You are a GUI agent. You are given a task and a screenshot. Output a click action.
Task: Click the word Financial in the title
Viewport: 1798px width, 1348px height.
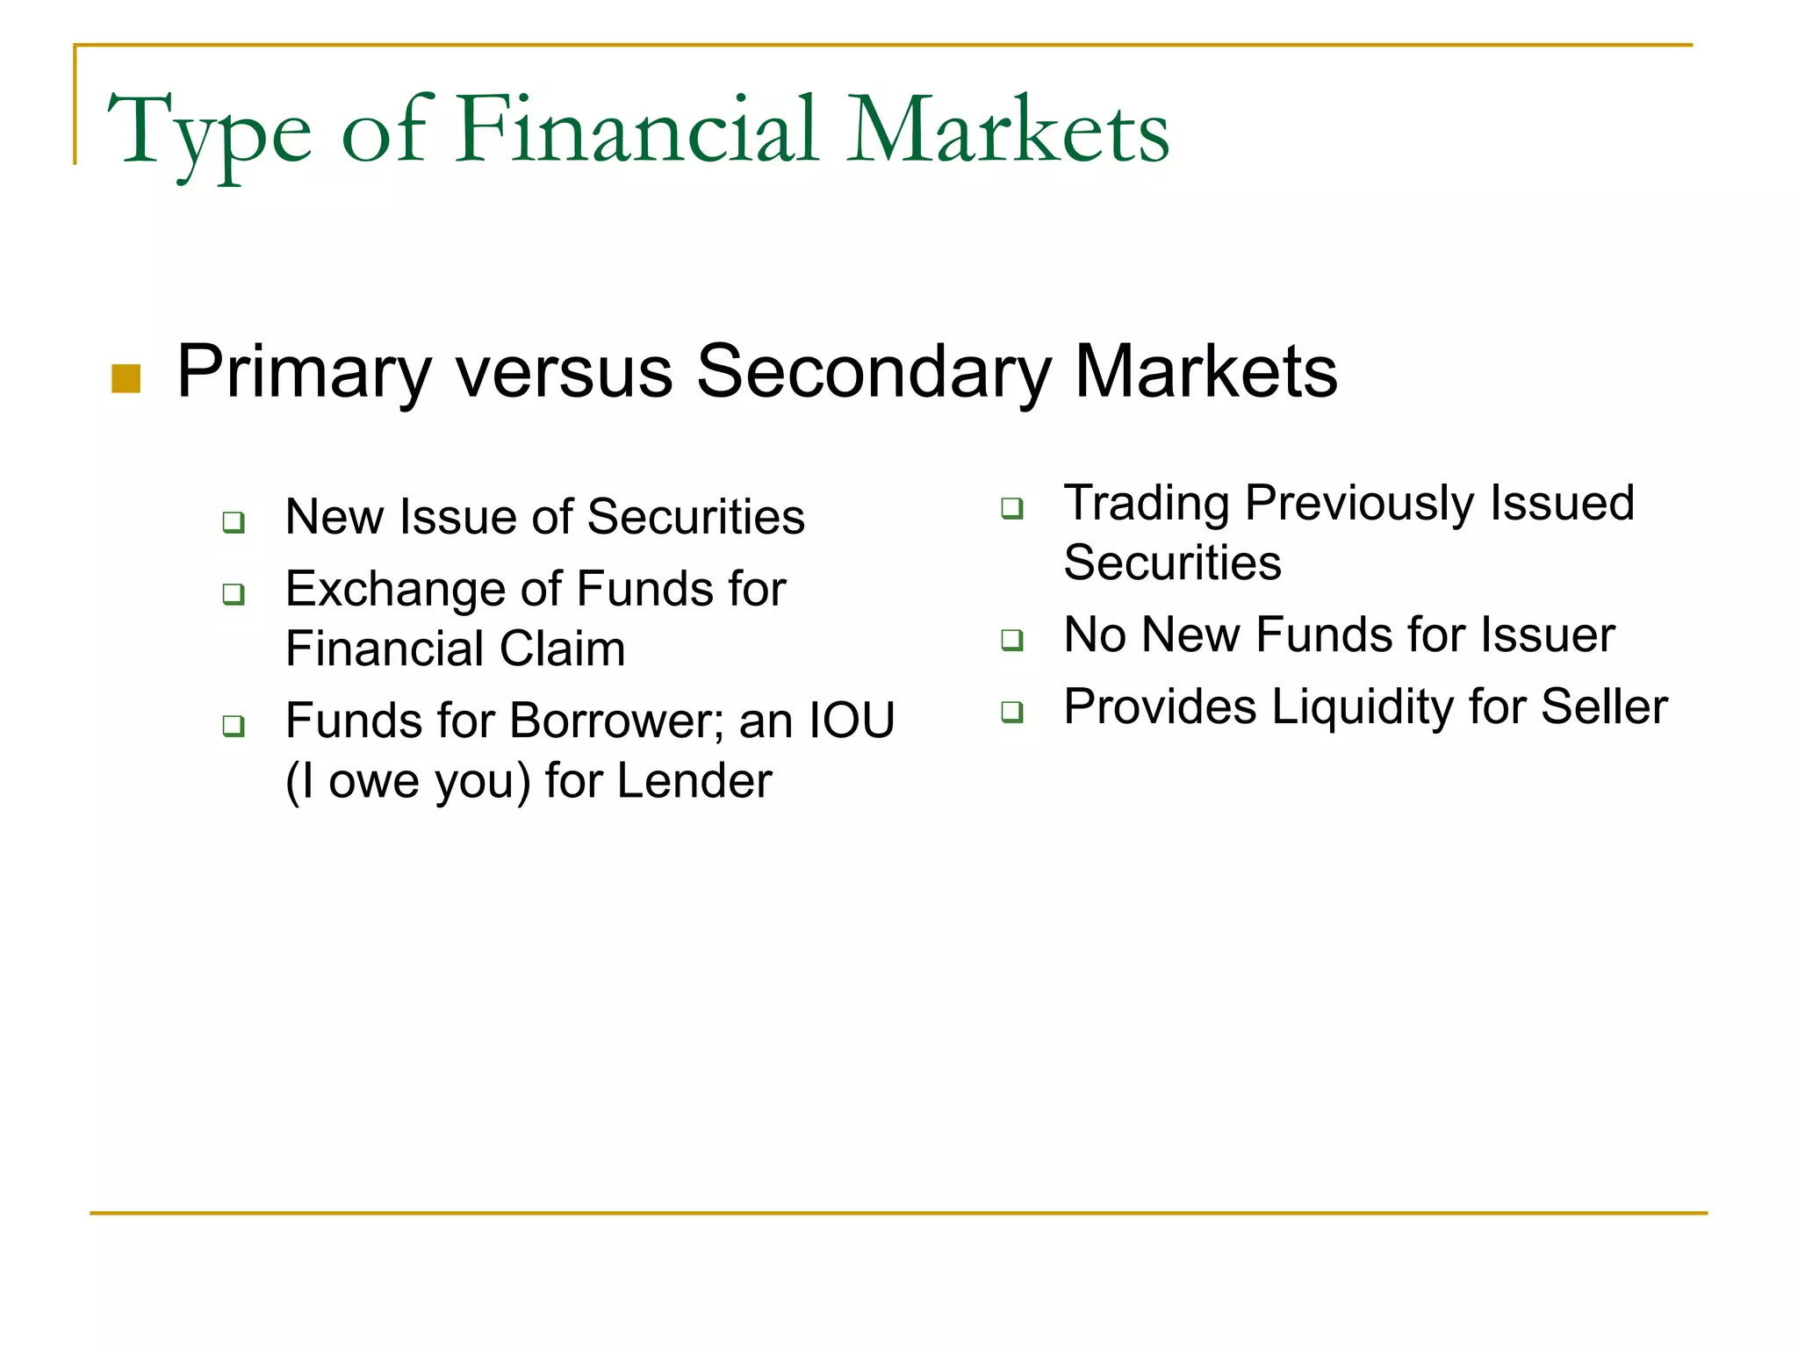click(x=637, y=132)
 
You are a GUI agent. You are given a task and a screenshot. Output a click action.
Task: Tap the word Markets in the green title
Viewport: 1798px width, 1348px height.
click(x=1007, y=132)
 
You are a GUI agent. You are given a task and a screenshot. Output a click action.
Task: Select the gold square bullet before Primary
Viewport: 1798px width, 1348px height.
click(x=126, y=379)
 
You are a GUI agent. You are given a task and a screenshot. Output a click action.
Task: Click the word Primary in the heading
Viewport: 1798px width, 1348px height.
click(x=304, y=373)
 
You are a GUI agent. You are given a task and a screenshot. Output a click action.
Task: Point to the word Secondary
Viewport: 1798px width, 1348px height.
click(x=874, y=373)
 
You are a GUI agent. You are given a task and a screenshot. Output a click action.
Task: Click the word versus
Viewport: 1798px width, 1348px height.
click(x=564, y=373)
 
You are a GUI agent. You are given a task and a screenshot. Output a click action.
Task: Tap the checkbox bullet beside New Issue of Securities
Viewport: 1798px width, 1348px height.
click(x=234, y=522)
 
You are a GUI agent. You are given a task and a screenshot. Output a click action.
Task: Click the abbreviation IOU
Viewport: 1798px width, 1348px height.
click(x=851, y=721)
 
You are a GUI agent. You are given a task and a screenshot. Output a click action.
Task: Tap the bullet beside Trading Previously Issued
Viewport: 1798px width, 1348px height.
click(x=1012, y=508)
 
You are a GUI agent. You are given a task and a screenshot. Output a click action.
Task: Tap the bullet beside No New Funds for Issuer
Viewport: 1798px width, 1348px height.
click(x=1012, y=640)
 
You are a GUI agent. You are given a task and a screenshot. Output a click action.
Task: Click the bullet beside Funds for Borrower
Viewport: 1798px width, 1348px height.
click(x=234, y=727)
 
